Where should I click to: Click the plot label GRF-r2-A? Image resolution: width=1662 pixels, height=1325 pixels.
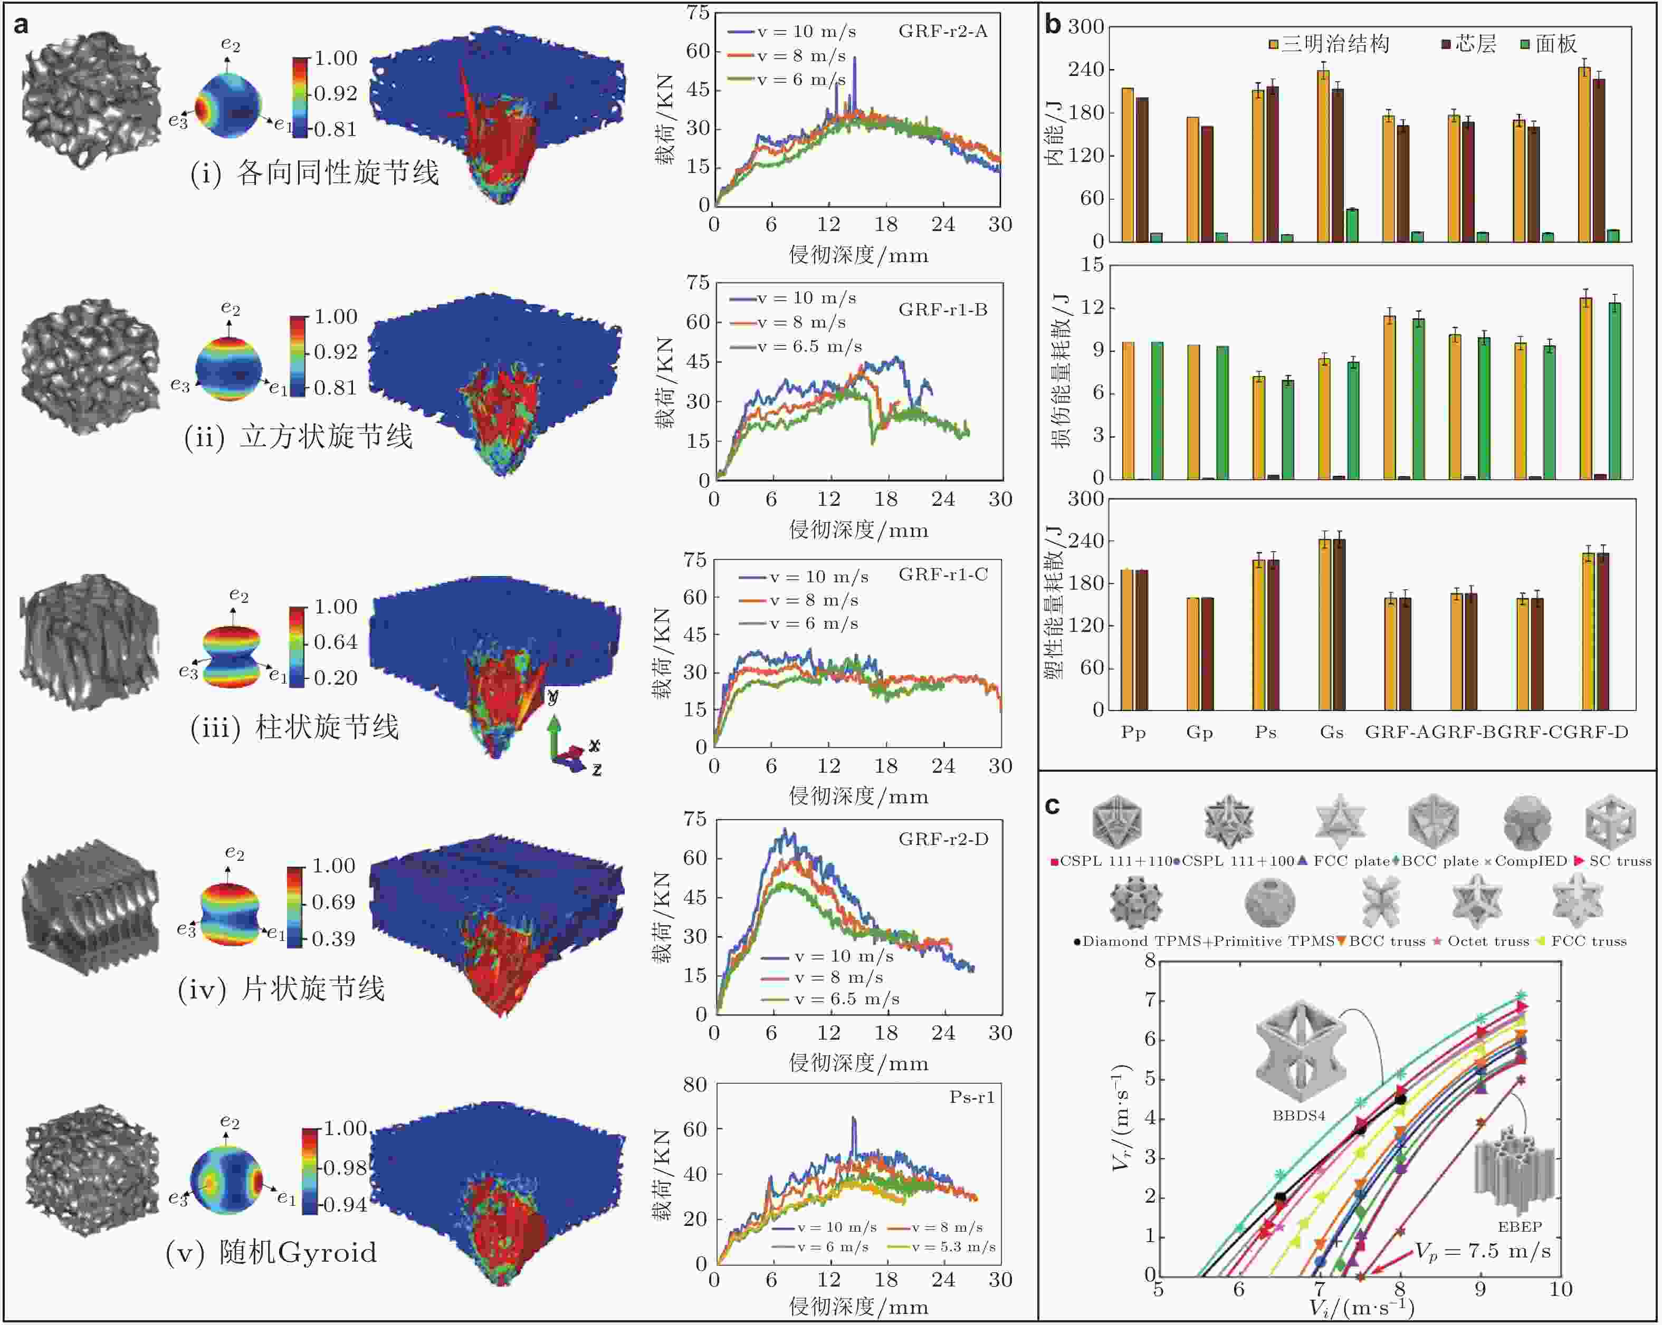point(942,32)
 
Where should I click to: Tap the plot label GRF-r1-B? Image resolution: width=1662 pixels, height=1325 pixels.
point(942,310)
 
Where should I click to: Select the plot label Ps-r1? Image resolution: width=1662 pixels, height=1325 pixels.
point(971,1097)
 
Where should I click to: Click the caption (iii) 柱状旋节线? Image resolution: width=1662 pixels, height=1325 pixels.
point(294,727)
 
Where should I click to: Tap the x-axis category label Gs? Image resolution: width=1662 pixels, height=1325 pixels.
point(1331,732)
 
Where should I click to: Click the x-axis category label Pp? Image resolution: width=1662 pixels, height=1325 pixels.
point(1133,732)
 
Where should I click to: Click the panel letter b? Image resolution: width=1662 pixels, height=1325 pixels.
point(1053,25)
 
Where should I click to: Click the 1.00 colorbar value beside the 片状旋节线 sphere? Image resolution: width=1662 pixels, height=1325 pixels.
point(333,866)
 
